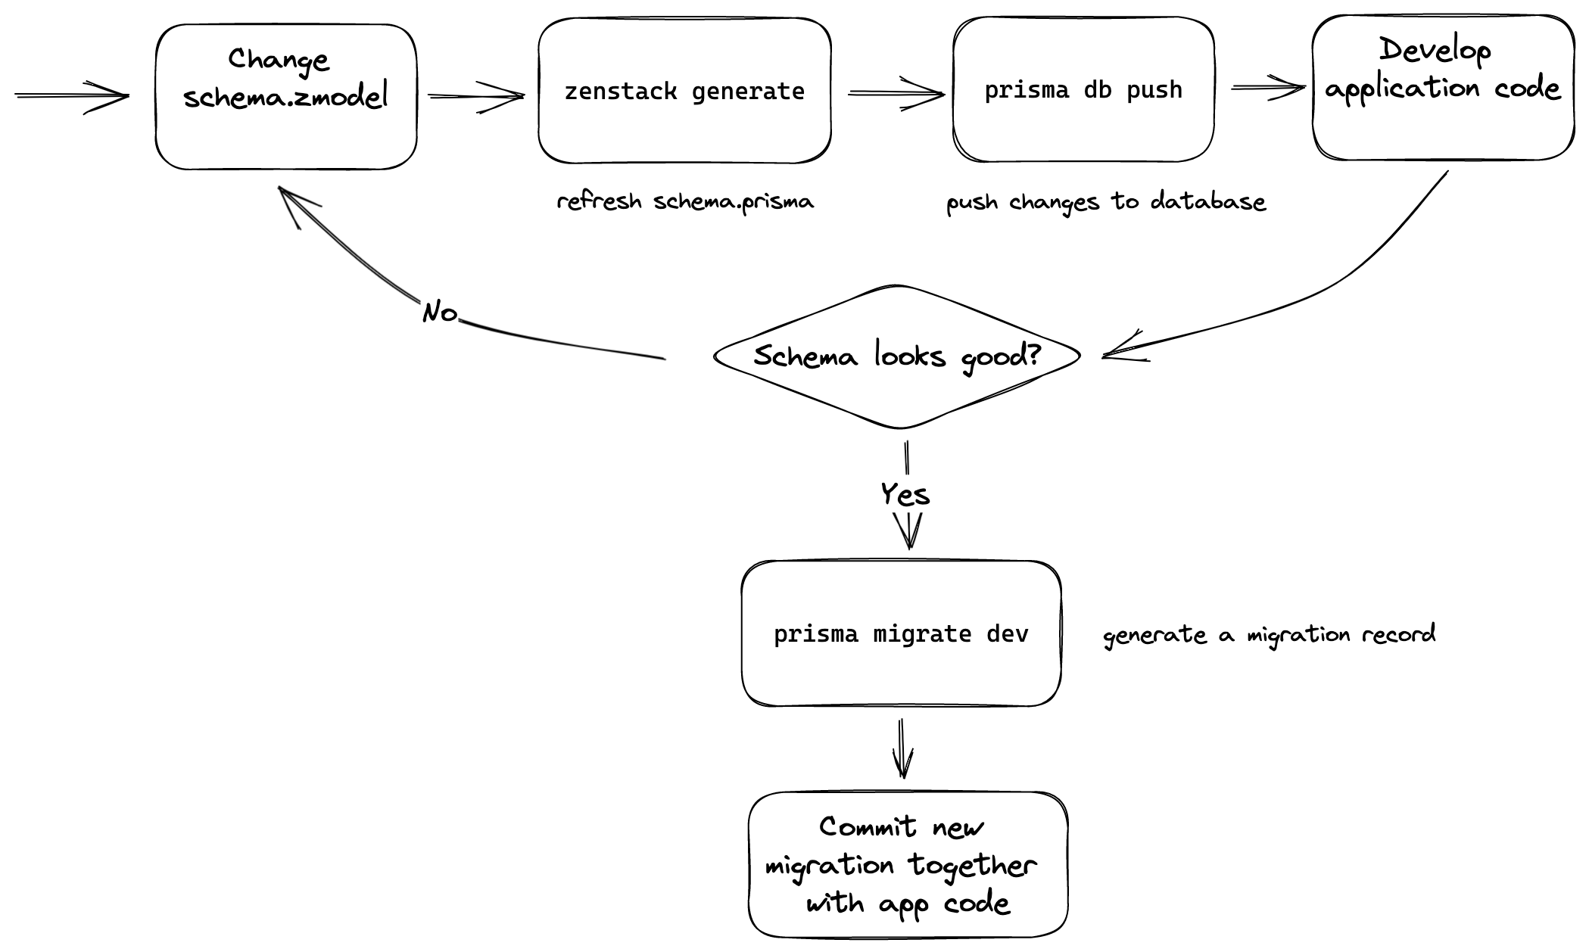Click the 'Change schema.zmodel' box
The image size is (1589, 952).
285,97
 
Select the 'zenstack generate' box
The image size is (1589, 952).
684,91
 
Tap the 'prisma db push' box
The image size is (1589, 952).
1083,90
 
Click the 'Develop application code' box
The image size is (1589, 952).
1443,88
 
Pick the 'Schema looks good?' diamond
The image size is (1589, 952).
897,356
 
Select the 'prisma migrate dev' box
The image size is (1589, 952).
901,633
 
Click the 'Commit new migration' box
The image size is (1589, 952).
907,864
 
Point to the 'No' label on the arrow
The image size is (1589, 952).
440,312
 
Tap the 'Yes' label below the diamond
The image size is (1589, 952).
905,495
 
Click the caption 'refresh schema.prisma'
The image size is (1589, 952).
685,202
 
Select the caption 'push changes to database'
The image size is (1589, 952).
1106,202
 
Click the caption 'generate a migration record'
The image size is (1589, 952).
1269,634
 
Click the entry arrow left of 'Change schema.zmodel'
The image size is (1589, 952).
72,95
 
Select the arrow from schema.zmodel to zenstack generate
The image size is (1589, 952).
476,96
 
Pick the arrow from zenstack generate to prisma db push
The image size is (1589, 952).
896,94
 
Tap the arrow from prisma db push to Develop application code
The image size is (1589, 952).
1267,89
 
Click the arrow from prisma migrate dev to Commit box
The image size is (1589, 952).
902,748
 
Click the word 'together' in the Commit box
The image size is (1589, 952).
972,864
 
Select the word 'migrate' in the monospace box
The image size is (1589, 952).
922,633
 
